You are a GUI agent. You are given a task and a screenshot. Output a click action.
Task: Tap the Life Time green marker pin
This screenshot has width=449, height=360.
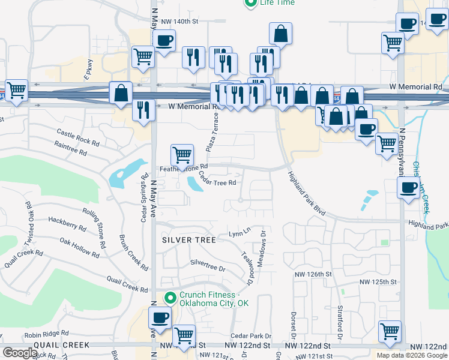(x=251, y=3)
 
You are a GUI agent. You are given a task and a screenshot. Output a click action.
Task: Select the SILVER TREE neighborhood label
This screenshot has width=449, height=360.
(x=188, y=240)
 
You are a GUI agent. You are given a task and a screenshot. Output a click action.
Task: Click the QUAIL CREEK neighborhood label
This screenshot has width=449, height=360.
(x=62, y=345)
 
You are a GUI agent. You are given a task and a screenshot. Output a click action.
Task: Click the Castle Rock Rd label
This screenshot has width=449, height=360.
(x=78, y=136)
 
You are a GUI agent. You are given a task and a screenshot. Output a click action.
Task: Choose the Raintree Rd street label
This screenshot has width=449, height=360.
(x=71, y=148)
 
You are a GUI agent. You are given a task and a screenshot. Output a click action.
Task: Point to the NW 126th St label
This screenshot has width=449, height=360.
(x=313, y=274)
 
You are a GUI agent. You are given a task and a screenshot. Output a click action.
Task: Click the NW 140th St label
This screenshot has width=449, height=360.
(x=180, y=21)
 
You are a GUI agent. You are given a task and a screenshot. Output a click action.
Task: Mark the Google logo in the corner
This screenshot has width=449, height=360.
(x=20, y=353)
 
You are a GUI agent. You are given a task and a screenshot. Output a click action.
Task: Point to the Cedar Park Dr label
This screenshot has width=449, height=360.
(x=251, y=337)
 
